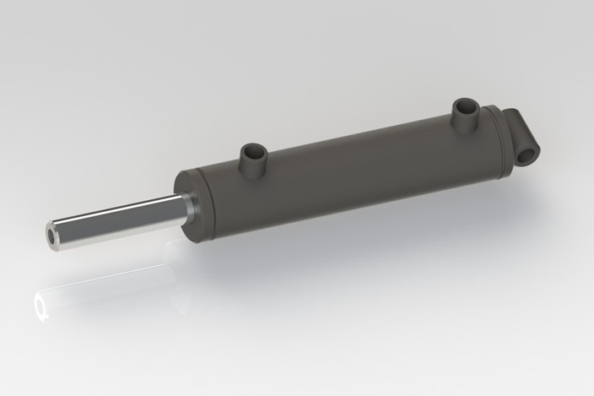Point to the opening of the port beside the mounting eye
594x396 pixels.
click(464, 106)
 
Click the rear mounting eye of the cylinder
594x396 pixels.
click(525, 140)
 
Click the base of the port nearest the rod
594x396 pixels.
click(252, 169)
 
